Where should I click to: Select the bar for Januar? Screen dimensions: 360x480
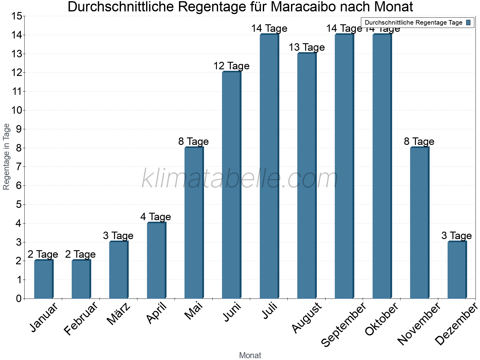[43, 279]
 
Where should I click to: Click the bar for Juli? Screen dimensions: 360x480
[269, 166]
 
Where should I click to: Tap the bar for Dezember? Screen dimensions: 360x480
[457, 270]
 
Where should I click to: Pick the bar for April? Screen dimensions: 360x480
[156, 261]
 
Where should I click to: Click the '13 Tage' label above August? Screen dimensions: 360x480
[307, 47]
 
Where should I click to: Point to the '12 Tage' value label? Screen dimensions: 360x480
[231, 66]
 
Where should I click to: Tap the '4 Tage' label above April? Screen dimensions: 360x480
[156, 217]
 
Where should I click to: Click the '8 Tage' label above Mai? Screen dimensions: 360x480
[193, 141]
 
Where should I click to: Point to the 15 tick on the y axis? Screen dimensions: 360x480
[17, 16]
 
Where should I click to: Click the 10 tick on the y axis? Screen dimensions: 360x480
[17, 110]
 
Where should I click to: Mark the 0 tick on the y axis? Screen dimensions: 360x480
[19, 298]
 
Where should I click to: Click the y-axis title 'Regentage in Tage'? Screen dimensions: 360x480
[7, 157]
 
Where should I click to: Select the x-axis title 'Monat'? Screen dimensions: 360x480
[250, 355]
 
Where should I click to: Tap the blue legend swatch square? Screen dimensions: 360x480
[469, 22]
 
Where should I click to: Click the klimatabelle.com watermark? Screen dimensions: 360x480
[240, 178]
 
